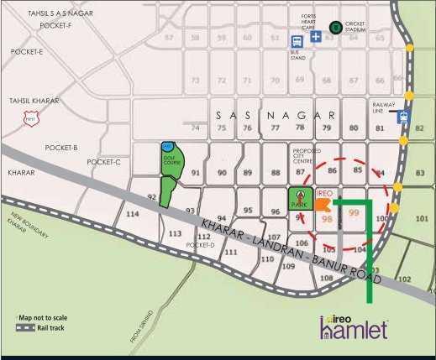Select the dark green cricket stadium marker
click(336, 27)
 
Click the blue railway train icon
click(405, 117)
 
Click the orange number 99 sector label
click(354, 213)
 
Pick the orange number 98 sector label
click(327, 218)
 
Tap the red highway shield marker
click(32, 119)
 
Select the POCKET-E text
click(27, 52)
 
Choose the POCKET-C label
click(103, 162)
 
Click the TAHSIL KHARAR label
click(34, 101)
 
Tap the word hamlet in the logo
click(352, 330)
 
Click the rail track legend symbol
click(29, 329)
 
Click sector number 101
click(421, 217)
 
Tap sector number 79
click(328, 128)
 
